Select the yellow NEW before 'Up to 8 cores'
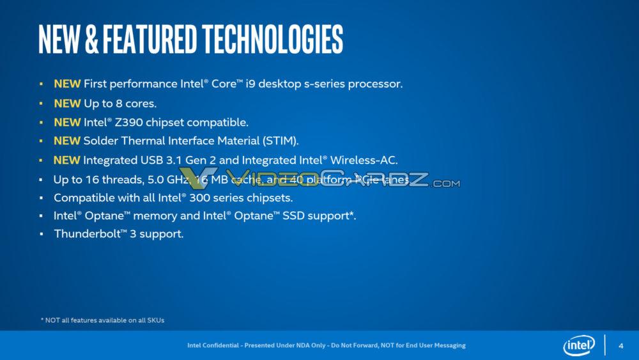67,103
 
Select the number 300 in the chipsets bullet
203,198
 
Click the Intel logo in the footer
578,346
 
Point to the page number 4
621,346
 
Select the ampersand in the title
91,40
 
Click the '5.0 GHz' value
171,180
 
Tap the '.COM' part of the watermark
445,184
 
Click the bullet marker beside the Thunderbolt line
41,234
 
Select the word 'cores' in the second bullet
139,103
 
